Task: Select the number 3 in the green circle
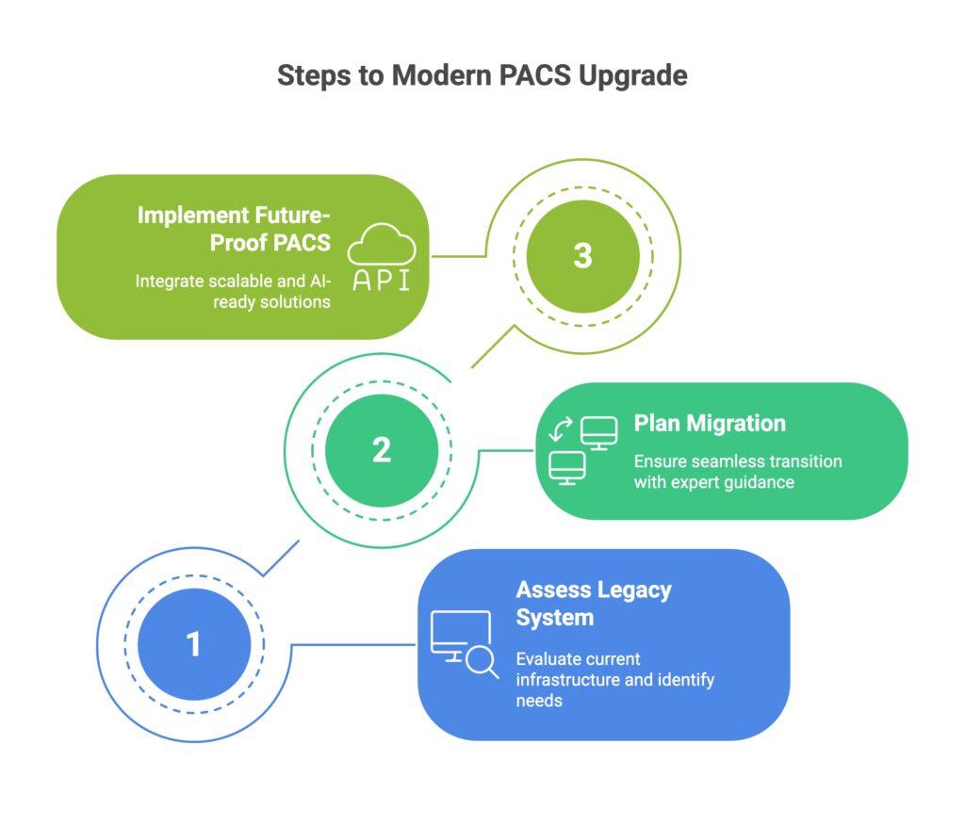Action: [x=582, y=256]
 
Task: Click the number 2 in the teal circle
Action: [x=381, y=449]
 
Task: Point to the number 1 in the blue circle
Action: [x=193, y=644]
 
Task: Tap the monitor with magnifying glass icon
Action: [x=465, y=644]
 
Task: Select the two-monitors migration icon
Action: [x=582, y=450]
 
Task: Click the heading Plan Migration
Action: [x=710, y=423]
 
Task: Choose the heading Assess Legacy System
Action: [x=594, y=604]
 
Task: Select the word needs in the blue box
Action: [x=539, y=700]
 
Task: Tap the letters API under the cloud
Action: [x=382, y=280]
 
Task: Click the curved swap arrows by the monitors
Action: [x=561, y=430]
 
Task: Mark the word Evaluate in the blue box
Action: [x=548, y=658]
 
